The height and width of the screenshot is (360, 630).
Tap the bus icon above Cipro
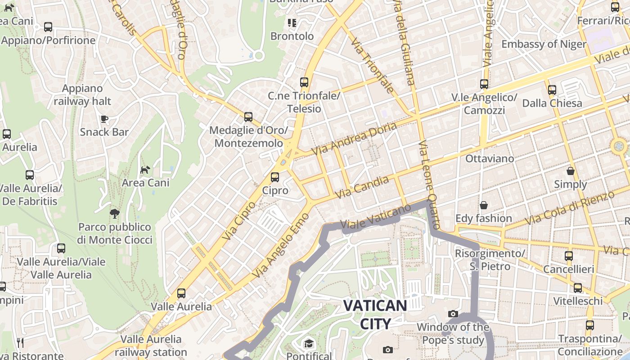click(x=274, y=177)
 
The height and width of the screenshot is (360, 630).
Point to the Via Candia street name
click(x=362, y=188)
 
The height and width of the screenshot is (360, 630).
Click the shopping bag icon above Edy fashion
click(x=483, y=205)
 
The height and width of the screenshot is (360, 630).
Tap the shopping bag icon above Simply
click(x=570, y=171)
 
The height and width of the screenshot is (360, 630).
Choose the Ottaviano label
click(x=489, y=158)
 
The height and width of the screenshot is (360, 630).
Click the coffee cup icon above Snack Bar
click(x=104, y=119)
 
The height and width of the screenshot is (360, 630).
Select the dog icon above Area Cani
click(x=145, y=170)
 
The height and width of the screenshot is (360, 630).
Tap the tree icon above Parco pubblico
click(x=114, y=213)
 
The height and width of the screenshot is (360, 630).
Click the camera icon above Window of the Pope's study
click(x=453, y=314)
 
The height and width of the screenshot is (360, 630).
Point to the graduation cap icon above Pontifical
click(x=309, y=344)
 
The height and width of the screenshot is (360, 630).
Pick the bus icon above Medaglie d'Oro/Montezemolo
click(x=248, y=117)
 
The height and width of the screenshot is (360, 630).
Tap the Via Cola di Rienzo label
click(x=569, y=208)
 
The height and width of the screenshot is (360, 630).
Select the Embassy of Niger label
click(x=544, y=44)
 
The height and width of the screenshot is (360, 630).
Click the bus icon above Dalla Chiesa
click(x=552, y=90)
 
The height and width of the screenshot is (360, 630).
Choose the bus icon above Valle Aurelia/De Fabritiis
click(x=30, y=175)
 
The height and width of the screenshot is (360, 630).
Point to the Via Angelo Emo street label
click(x=281, y=245)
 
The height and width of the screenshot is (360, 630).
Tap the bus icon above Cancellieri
click(x=569, y=256)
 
